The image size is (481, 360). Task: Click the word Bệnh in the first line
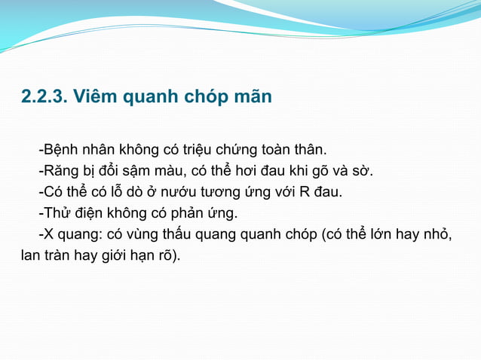click(x=63, y=147)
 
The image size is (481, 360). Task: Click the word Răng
click(x=62, y=169)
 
